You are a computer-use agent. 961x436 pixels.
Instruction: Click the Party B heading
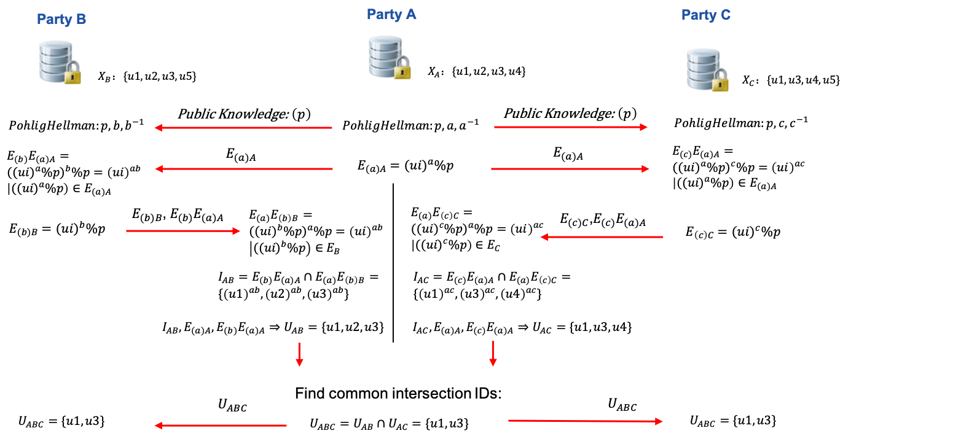(61, 19)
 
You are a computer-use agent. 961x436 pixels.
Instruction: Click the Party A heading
(391, 14)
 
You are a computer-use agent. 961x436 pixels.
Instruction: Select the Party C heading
(705, 15)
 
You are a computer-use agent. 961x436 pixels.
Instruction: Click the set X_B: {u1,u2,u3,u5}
(147, 77)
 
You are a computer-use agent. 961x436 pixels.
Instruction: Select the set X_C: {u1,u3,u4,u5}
(791, 80)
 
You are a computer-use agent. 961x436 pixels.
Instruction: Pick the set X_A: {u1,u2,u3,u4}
(477, 72)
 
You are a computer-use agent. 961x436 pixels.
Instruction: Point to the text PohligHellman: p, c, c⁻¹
(740, 123)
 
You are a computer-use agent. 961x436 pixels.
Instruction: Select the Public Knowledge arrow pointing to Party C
(571, 127)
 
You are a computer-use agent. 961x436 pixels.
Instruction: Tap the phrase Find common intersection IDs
(399, 394)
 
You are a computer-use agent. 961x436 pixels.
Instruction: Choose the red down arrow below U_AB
(299, 354)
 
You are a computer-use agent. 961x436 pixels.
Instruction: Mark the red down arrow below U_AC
(492, 354)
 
